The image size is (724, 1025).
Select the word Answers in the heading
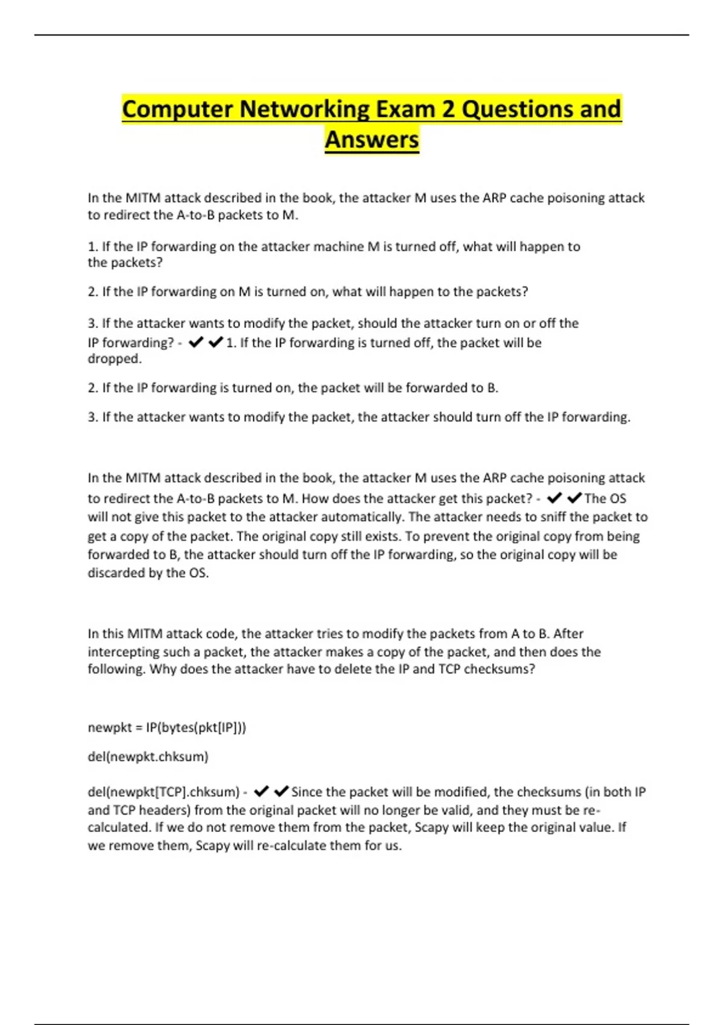pyautogui.click(x=372, y=139)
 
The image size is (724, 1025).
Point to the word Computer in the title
pyautogui.click(x=177, y=109)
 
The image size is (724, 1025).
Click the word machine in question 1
pyautogui.click(x=341, y=247)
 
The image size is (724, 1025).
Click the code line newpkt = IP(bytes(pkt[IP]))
pyautogui.click(x=167, y=728)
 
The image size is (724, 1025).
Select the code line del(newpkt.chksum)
pyautogui.click(x=148, y=757)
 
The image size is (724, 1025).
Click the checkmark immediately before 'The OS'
pyautogui.click(x=574, y=498)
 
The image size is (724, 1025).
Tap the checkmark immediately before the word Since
pyautogui.click(x=281, y=791)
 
